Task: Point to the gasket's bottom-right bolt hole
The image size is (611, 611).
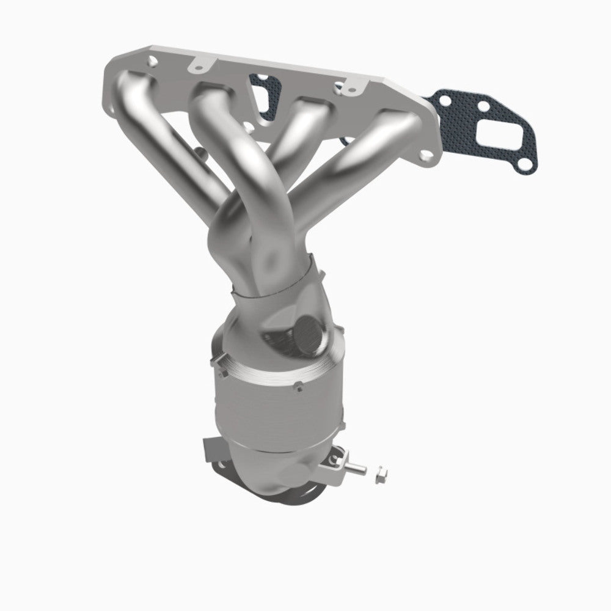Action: click(522, 163)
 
